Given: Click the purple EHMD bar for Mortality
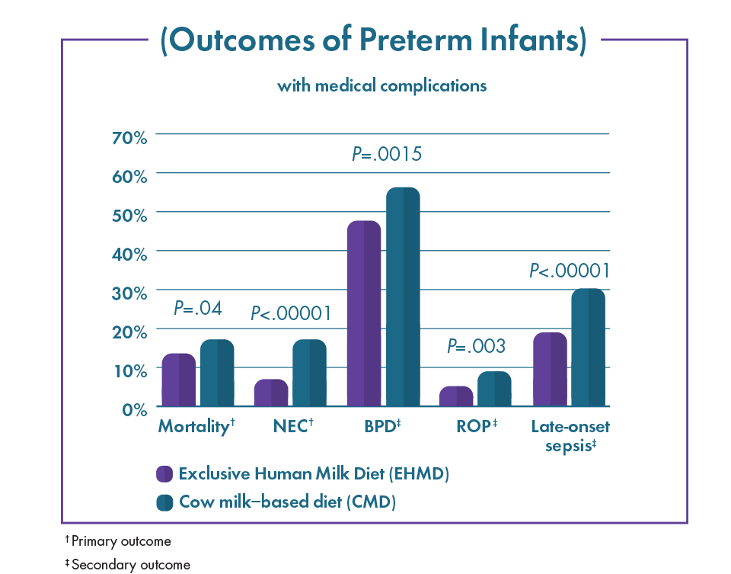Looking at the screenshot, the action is [178, 380].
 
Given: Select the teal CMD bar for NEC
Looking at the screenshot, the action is [310, 373].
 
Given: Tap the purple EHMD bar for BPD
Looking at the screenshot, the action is [364, 313].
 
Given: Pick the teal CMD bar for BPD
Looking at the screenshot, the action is [404, 297].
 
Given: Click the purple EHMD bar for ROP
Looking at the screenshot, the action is [456, 396].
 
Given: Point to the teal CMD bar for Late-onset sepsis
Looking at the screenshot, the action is [589, 347].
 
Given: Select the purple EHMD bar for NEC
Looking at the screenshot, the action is [271, 393].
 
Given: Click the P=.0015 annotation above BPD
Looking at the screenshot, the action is [387, 153].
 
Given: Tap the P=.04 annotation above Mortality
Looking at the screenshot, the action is [198, 308].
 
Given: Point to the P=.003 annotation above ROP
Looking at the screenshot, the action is [476, 346].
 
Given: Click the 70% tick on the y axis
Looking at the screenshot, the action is [129, 138].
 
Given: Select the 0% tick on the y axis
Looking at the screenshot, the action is [135, 410].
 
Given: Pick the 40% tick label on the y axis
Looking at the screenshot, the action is [129, 255].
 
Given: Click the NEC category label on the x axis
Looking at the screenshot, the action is [293, 425].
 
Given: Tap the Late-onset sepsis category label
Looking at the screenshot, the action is [570, 435].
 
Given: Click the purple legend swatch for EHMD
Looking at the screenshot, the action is [164, 473].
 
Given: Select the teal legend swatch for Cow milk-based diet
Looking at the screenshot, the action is [164, 502].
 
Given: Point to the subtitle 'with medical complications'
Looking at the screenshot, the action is [381, 86].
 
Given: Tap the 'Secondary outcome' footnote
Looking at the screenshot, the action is [128, 565].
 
